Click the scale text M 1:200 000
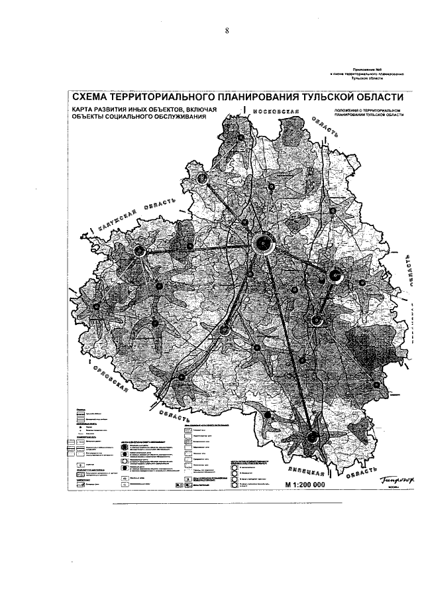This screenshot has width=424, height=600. click(305, 485)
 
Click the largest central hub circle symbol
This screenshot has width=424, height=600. click(263, 243)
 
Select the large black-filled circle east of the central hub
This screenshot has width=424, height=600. click(335, 274)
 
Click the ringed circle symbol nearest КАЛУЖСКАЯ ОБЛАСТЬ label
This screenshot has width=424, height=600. click(140, 251)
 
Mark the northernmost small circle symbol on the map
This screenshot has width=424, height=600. click(241, 137)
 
